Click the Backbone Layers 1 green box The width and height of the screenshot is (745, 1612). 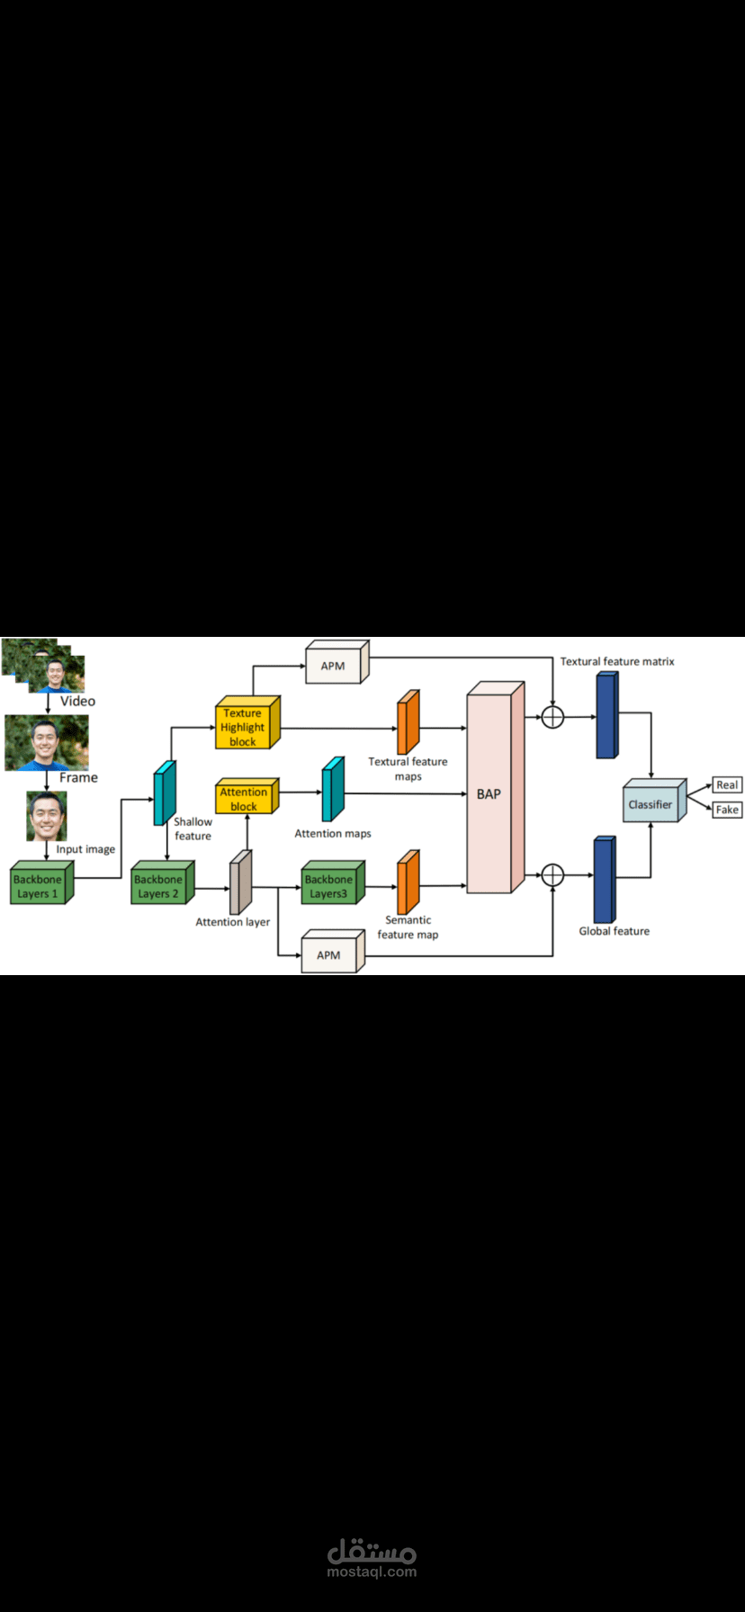point(38,886)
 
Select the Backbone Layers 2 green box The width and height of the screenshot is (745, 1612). point(159,886)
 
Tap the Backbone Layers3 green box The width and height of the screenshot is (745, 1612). point(329,886)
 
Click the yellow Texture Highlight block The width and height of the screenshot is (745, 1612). point(243,727)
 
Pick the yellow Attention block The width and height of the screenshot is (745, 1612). point(244,799)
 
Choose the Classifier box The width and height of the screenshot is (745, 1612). point(651,804)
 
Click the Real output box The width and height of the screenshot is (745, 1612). point(727,784)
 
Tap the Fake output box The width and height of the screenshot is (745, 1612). point(727,810)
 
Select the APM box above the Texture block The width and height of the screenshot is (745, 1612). point(334,666)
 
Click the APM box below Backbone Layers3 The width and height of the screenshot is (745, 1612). point(329,954)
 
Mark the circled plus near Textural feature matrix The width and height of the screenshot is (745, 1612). point(552,717)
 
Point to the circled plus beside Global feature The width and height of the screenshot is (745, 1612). point(552,874)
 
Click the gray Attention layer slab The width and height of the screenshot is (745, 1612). point(239,883)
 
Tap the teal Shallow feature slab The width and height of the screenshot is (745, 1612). point(164,793)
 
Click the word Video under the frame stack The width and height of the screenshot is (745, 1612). point(77,701)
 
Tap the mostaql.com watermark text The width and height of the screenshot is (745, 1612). point(372,1572)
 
